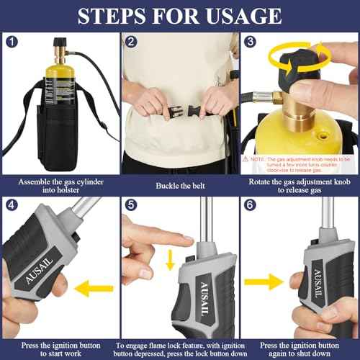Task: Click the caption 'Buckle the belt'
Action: [176, 185]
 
